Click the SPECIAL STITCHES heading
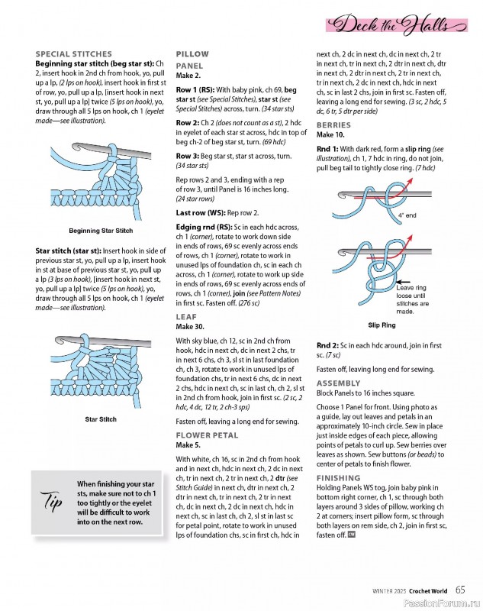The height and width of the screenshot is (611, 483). pos(73,54)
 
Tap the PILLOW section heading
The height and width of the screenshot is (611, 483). pos(192,54)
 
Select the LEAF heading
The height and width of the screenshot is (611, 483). pos(186,315)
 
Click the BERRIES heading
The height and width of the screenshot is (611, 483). pos(333,124)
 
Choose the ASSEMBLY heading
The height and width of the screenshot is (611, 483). pos(339,383)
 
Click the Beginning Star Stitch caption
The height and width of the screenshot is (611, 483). pos(101,231)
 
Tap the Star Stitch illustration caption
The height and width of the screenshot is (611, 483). pos(101,419)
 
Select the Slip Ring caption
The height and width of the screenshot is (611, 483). pos(382,325)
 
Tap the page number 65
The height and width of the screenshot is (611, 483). pos(461,589)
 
